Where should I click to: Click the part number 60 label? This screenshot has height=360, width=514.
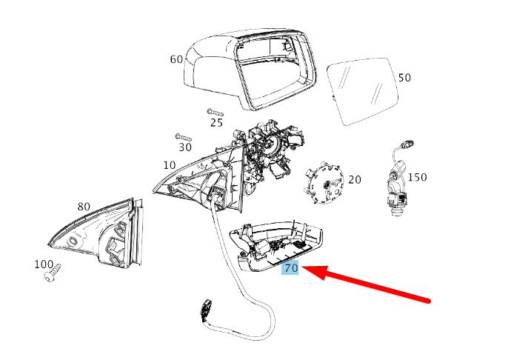coord(176,59)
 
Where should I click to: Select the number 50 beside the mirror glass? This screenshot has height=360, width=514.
coord(404,78)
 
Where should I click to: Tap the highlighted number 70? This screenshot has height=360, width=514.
coord(290,268)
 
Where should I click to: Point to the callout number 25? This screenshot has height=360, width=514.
coord(216,123)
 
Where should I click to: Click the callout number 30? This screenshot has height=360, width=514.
coord(185,147)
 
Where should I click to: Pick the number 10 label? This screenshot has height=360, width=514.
coord(170,165)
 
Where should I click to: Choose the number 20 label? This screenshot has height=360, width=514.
coord(355,180)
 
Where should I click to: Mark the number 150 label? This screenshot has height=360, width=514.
coord(417,177)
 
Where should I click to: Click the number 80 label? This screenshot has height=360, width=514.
coord(84,207)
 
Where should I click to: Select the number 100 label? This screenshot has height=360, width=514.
coord(44,264)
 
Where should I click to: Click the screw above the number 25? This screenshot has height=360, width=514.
coord(216,113)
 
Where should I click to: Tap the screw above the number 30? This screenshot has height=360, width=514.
coord(183,137)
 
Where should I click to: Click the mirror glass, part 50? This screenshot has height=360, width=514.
coord(363,91)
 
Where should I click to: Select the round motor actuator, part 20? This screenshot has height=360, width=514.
coord(324,183)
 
